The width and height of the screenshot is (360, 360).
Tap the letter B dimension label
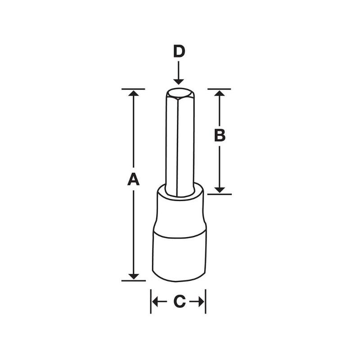coord(219,135)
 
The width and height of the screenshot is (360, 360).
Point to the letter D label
coord(179,52)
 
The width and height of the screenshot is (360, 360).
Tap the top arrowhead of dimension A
coord(133,93)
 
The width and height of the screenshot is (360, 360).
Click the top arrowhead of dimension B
coord(219,93)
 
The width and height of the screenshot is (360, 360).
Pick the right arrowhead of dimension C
coord(202,302)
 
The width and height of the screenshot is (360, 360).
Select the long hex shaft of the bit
coord(179,144)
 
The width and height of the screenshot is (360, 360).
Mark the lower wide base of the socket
coord(179,256)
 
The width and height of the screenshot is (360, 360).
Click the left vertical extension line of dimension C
coord(150,301)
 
